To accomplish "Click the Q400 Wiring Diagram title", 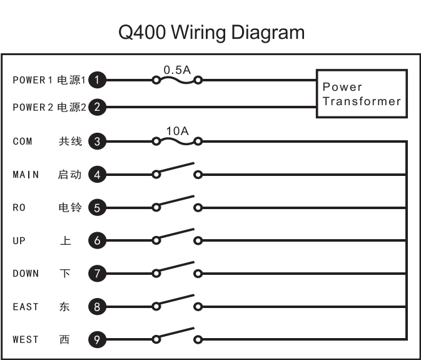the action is [211, 32].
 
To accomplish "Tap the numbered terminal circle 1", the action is [97, 80].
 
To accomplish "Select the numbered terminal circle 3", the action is [97, 141].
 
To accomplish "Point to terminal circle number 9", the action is [97, 339].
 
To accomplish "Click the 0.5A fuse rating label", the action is [177, 70].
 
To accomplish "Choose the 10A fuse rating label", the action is [177, 131].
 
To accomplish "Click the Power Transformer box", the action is [362, 93].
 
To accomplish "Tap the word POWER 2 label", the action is [33, 108].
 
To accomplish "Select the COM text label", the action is [23, 141].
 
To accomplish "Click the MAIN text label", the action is [26, 175].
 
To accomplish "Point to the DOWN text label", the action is [26, 274].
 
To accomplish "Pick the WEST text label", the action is [26, 339].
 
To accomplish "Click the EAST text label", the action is [26, 307].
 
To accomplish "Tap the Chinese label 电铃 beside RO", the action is [70, 207].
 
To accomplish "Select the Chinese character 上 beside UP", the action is [66, 240].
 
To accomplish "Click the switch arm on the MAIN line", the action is [176, 167].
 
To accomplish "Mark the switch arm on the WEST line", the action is [176, 332].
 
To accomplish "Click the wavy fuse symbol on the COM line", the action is [177, 141].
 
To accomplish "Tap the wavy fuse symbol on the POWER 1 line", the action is [177, 80].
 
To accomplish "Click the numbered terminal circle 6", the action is [97, 240].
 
